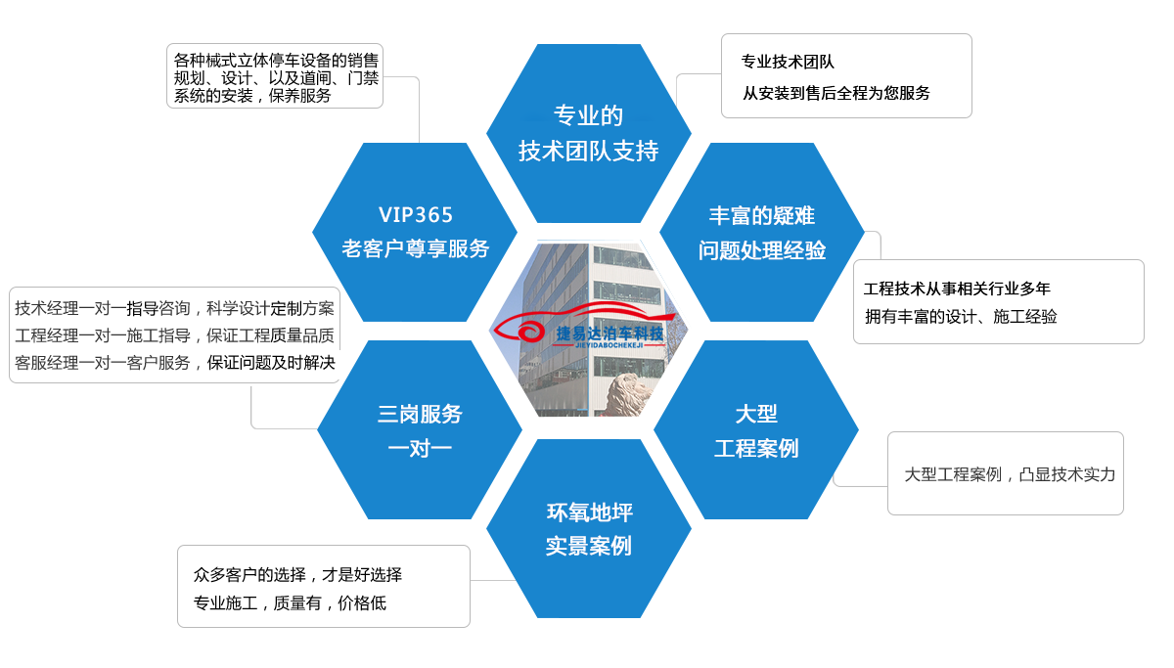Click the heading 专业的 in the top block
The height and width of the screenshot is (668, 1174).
point(588,116)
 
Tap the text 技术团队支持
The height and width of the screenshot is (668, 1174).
point(588,152)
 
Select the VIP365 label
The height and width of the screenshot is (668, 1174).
point(416,215)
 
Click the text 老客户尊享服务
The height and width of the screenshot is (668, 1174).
point(416,248)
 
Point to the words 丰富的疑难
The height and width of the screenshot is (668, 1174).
point(762,216)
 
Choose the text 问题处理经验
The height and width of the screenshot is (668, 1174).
point(762,250)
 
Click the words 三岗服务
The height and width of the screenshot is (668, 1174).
point(420,414)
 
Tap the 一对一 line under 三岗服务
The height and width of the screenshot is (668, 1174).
point(420,448)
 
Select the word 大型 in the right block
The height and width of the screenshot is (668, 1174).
point(756,414)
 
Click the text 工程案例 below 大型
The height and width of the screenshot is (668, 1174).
point(756,448)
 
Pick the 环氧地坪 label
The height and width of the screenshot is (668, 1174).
point(589,512)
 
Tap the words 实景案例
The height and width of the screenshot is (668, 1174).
point(589,546)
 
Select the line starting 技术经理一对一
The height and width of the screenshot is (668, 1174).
point(174,309)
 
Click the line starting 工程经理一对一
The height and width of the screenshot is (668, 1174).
point(174,336)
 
